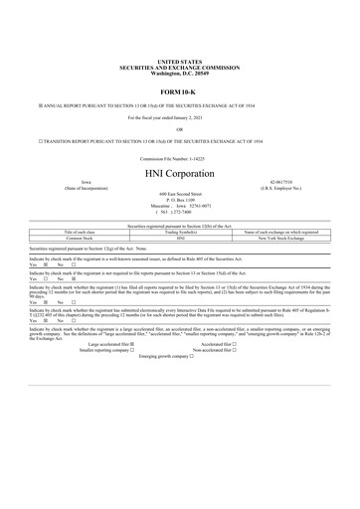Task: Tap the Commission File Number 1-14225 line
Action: [x=179, y=158]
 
